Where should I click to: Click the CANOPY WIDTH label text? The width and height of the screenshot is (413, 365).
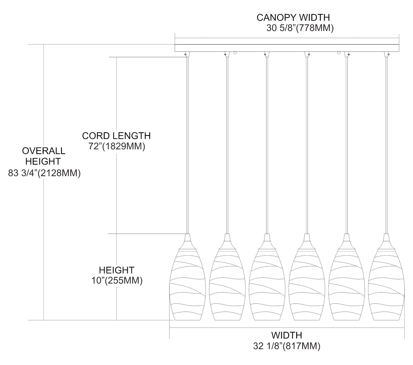[293, 17]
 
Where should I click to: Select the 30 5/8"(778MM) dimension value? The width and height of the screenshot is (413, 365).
[300, 28]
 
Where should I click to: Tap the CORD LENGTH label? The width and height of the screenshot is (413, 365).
[116, 136]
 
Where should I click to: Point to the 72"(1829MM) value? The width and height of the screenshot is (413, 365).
[117, 146]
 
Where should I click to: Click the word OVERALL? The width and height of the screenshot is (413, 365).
[44, 151]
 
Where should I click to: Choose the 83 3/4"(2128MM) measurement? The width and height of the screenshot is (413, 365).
[44, 173]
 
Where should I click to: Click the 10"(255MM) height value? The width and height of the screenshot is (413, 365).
[117, 281]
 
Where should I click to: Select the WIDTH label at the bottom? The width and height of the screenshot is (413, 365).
[287, 335]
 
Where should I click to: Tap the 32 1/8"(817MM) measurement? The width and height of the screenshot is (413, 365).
[287, 346]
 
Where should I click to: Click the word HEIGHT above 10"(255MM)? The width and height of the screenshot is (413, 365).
[117, 270]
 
